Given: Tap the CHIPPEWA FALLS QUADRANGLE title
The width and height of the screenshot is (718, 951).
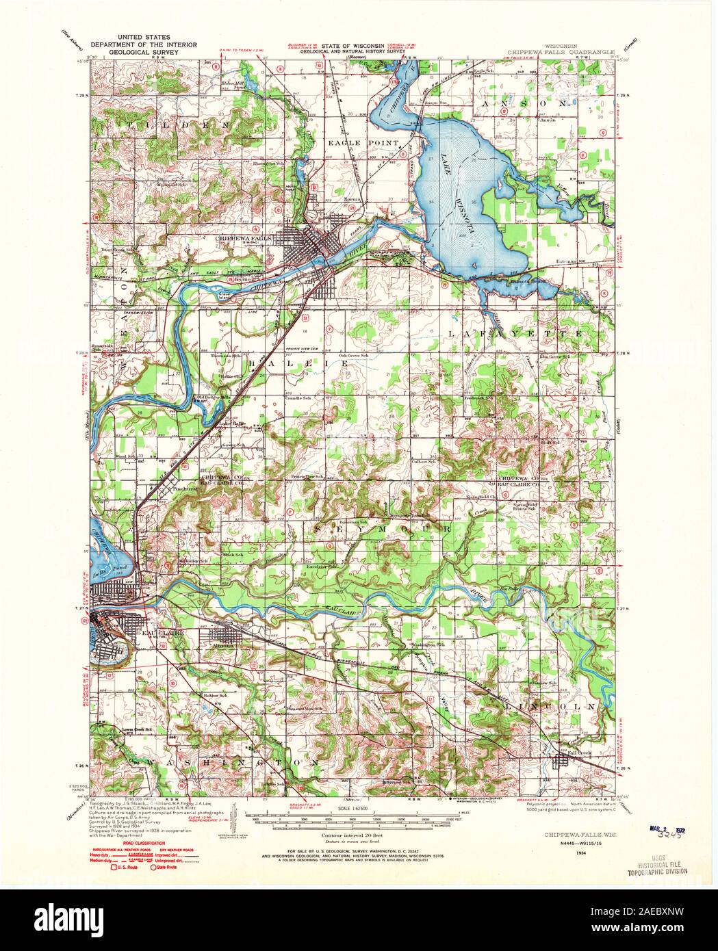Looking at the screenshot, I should [561, 51].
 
